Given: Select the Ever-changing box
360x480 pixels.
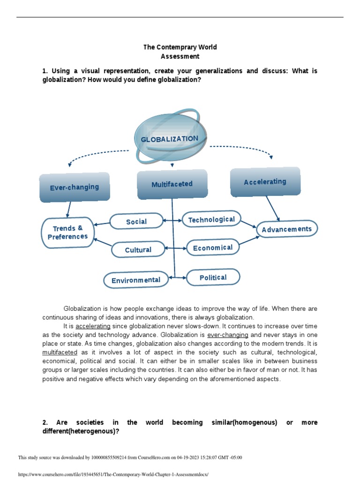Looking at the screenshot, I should (x=75, y=187).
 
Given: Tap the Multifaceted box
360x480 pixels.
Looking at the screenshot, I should (x=172, y=184).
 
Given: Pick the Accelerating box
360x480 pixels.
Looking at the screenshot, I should (x=265, y=181).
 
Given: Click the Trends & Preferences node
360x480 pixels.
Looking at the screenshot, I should (x=67, y=232).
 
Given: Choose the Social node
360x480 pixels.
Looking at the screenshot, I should (x=136, y=222).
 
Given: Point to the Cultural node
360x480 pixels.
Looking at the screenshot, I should (x=138, y=250).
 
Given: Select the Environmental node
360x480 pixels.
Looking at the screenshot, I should (x=136, y=280).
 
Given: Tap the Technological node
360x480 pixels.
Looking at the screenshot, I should (x=211, y=219).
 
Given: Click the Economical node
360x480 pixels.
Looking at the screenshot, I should (x=213, y=247).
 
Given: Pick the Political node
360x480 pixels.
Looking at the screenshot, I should (x=213, y=277).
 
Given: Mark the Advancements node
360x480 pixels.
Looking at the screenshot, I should (x=287, y=229).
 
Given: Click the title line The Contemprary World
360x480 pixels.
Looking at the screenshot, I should (x=180, y=47).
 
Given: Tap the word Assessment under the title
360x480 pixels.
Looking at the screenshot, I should (x=180, y=56).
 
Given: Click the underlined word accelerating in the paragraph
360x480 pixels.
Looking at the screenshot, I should (x=93, y=326).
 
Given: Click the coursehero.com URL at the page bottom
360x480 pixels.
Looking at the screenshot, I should (x=112, y=474).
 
